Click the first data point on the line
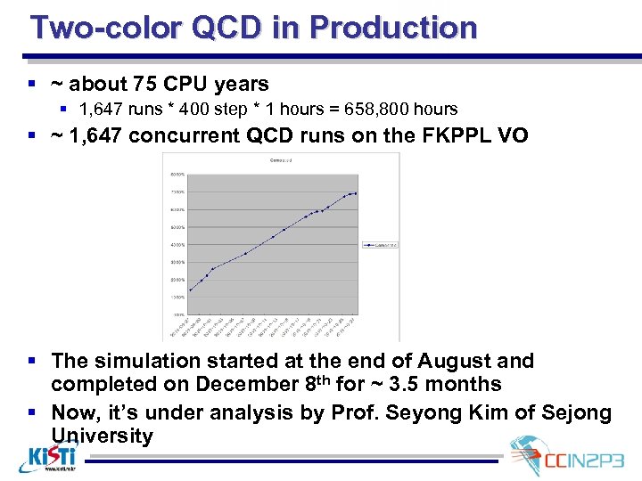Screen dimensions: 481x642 click(189, 290)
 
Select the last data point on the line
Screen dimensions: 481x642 click(355, 193)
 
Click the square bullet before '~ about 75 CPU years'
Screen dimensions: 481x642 click(32, 85)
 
